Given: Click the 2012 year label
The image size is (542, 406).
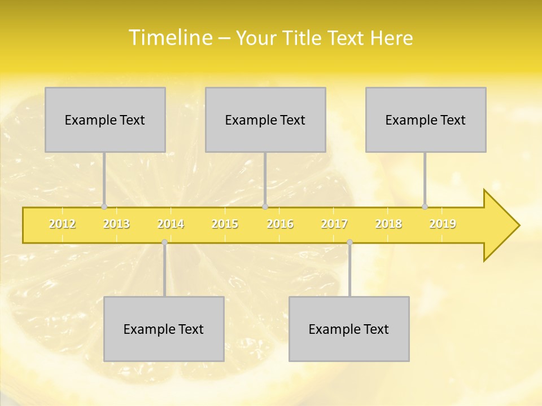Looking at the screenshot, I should (x=62, y=224).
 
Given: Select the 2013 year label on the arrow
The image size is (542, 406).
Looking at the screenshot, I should (x=116, y=224).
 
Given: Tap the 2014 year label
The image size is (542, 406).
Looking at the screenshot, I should (x=171, y=224).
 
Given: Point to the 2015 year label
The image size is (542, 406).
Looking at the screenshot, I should (x=225, y=224).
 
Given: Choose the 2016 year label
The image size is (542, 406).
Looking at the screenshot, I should (x=280, y=224).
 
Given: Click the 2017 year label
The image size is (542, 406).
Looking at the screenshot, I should (x=334, y=224).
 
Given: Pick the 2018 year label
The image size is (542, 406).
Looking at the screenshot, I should (x=388, y=224).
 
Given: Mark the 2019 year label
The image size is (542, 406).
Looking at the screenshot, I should (x=443, y=224).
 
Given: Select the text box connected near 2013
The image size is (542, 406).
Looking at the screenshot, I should (x=105, y=120).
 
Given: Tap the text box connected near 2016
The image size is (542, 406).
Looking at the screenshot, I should (x=265, y=120).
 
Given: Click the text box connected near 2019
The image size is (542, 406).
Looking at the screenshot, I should (x=426, y=120).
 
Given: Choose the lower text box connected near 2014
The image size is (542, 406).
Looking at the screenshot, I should (x=164, y=329).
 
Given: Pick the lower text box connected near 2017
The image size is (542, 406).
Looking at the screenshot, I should (x=349, y=329).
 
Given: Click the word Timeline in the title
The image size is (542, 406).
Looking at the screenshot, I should (x=170, y=38).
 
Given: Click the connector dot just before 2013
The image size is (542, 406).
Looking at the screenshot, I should (x=104, y=207).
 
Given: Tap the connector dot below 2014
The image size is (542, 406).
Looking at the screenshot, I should (x=164, y=242).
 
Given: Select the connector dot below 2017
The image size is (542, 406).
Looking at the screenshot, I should (x=349, y=242).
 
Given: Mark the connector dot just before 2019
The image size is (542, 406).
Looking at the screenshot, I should (x=425, y=207).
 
